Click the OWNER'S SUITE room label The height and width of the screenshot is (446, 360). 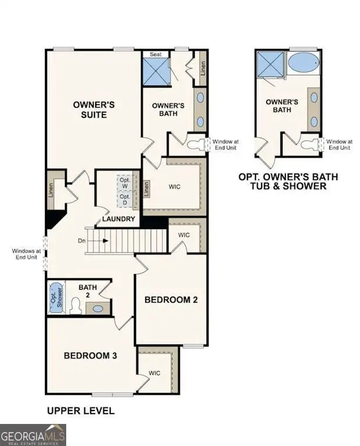(89, 110)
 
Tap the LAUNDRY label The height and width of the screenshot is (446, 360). (118, 219)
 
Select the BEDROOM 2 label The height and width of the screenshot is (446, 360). (171, 300)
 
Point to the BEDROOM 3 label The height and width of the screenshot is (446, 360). (91, 355)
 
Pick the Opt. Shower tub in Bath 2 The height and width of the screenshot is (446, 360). (55, 297)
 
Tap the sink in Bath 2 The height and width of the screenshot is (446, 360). (98, 308)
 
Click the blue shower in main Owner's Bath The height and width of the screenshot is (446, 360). (156, 71)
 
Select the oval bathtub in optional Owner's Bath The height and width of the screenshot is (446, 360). (303, 62)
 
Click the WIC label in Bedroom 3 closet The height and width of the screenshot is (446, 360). (154, 373)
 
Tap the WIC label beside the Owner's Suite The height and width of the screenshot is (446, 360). (175, 187)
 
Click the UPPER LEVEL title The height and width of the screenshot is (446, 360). (80, 411)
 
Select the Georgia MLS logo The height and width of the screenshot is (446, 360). (33, 434)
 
